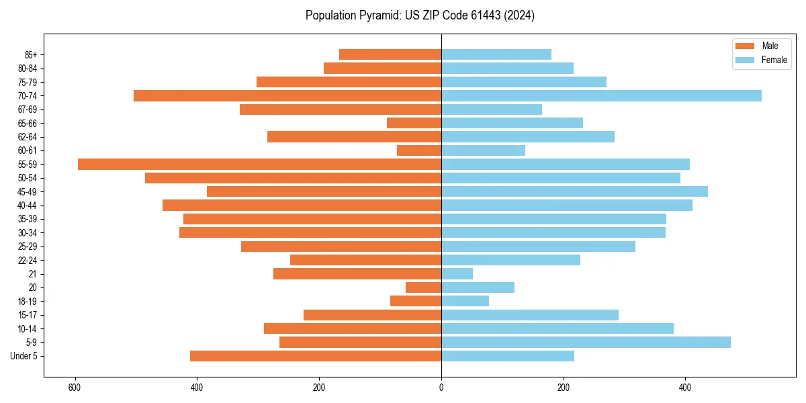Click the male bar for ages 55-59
point(259,164)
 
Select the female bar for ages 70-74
point(601,95)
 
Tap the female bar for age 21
point(457,273)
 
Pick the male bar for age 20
point(423,287)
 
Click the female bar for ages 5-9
point(586,342)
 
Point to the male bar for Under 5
point(316,356)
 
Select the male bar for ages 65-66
point(414,123)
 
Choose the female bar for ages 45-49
point(574,191)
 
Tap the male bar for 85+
point(390,54)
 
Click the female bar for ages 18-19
point(465,301)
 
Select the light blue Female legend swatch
point(746,60)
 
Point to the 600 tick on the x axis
point(75,388)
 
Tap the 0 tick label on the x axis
point(441,388)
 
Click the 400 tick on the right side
point(685,388)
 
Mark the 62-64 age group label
point(28,137)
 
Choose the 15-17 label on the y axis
point(28,315)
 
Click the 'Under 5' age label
point(24,356)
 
